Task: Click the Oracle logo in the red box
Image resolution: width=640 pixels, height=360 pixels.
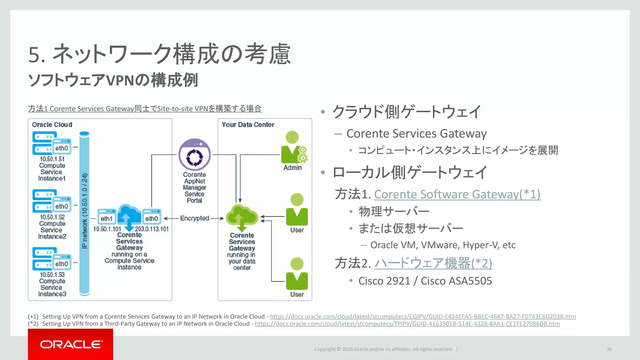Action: pyautogui.click(x=71, y=344)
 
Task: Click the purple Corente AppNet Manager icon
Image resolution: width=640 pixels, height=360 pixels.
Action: pyautogui.click(x=194, y=155)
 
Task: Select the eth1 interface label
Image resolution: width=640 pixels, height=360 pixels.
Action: pyautogui.click(x=106, y=218)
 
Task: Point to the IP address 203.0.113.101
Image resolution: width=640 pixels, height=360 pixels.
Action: pyautogui.click(x=152, y=229)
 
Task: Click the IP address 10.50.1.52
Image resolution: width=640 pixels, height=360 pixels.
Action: pyautogui.click(x=52, y=217)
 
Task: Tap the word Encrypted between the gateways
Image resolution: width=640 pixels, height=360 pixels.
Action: pyautogui.click(x=194, y=218)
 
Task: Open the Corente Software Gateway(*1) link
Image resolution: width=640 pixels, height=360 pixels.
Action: pyautogui.click(x=457, y=194)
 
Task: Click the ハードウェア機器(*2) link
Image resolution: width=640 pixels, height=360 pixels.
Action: pyautogui.click(x=433, y=263)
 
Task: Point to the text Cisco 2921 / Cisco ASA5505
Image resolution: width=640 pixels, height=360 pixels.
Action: pyautogui.click(x=425, y=281)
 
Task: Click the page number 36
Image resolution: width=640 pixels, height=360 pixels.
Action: pyautogui.click(x=609, y=349)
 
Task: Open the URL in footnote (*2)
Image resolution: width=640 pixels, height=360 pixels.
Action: pyautogui.click(x=407, y=324)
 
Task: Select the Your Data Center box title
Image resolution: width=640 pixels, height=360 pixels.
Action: pyautogui.click(x=248, y=125)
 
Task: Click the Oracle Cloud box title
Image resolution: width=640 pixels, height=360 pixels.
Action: pyautogui.click(x=52, y=125)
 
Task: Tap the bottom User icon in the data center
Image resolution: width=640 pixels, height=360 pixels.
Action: pyautogui.click(x=297, y=275)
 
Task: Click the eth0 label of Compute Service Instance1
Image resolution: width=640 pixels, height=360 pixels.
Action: pyautogui.click(x=62, y=148)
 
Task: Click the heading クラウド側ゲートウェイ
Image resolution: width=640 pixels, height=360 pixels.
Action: pyautogui.click(x=406, y=112)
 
